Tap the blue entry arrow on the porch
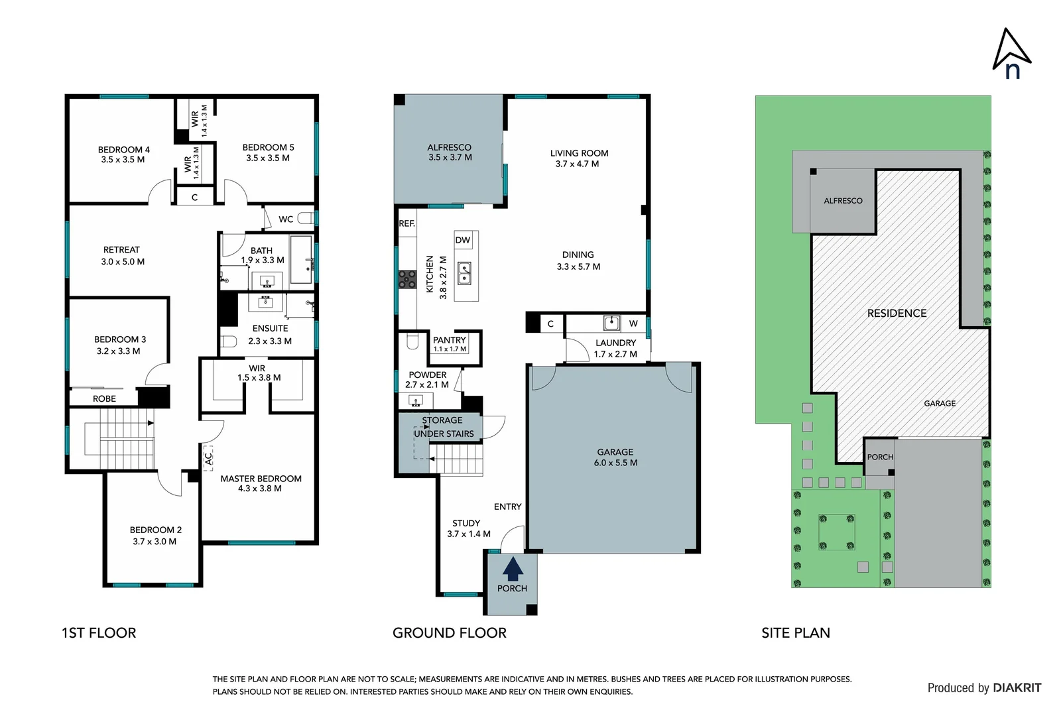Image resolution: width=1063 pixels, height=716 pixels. (x=513, y=569)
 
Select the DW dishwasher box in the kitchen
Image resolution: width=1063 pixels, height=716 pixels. (x=463, y=240)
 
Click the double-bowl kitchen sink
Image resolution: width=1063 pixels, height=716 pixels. (x=464, y=273)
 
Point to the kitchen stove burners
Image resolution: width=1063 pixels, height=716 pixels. (x=406, y=279)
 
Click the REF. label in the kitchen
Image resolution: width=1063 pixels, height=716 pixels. (x=406, y=223)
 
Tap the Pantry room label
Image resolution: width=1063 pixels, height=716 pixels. (x=450, y=340)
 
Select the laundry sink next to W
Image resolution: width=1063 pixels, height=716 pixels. (x=611, y=323)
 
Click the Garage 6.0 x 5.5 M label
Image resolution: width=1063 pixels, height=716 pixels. (x=615, y=457)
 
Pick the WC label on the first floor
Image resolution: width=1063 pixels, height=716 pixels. (x=286, y=219)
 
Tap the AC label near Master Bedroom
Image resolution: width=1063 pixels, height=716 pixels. (x=208, y=457)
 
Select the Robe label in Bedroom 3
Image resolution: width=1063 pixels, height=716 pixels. (x=104, y=398)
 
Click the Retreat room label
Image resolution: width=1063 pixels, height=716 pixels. (x=122, y=255)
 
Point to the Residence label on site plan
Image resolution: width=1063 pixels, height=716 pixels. (x=897, y=313)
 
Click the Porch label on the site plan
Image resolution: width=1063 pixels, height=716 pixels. (x=880, y=457)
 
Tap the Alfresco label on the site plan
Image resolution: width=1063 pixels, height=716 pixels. (x=843, y=200)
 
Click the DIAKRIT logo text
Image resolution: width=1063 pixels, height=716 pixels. (x=1016, y=687)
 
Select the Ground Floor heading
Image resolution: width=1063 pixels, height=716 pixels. (x=449, y=632)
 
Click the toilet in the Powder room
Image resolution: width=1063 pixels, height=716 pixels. (x=412, y=341)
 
